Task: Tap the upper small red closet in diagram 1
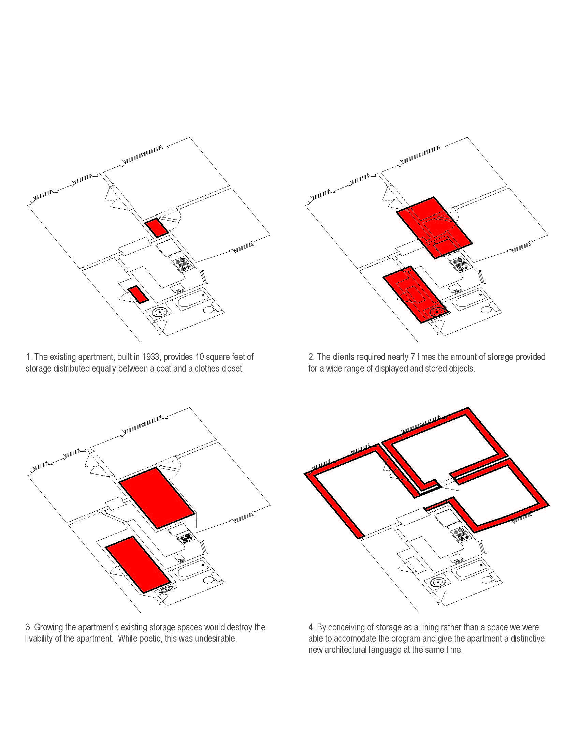tap(156, 227)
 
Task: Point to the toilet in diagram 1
tap(208, 310)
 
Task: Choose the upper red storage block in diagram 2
tap(435, 228)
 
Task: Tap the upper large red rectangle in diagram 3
tap(157, 498)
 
